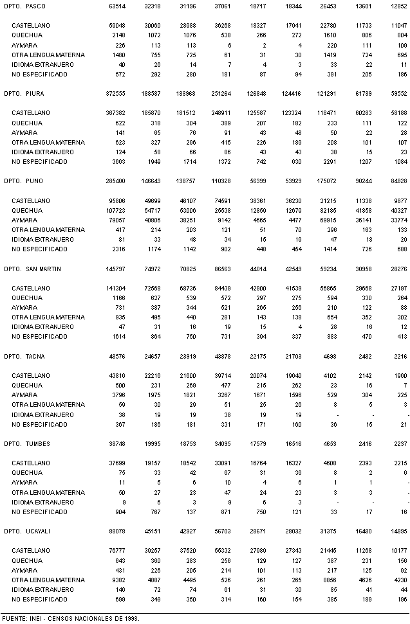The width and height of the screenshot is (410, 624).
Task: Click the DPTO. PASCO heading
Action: click(23, 6)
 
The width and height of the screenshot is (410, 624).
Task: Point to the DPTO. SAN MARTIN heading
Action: click(32, 269)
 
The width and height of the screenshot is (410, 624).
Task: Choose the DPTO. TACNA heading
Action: click(24, 357)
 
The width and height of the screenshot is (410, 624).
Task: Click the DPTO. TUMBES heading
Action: click(26, 444)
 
